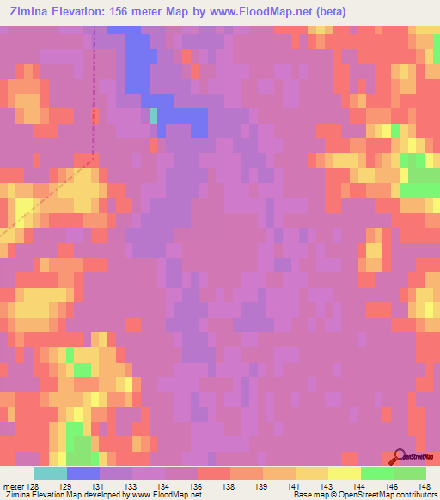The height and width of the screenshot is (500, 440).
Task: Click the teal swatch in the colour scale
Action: pos(51,473)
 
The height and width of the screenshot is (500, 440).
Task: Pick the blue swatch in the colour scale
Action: pos(83,473)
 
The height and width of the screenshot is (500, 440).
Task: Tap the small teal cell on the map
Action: pos(154,116)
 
